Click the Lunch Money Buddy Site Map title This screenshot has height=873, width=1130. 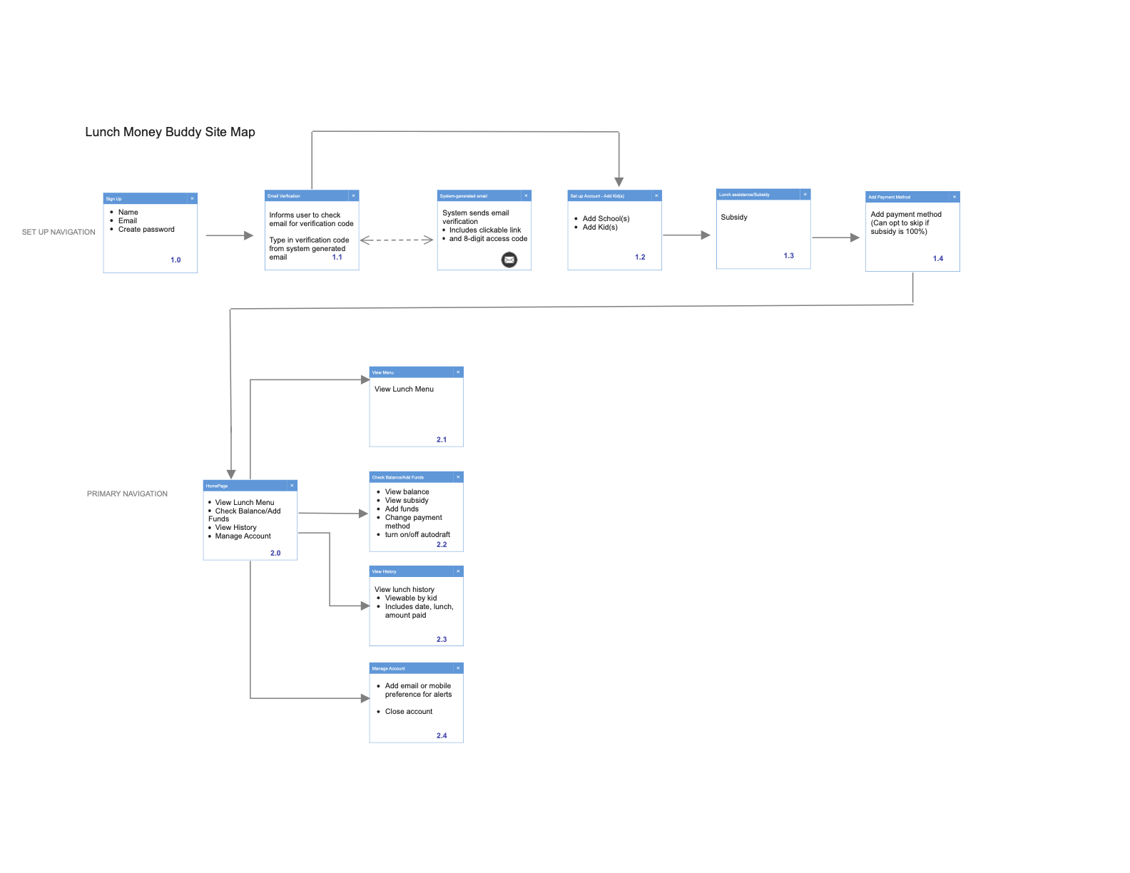170,132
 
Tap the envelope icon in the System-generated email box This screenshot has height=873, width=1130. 509,260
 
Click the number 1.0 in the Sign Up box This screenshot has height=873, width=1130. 175,260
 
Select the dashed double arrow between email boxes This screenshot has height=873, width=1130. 397,240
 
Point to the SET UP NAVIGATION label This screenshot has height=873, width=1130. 58,233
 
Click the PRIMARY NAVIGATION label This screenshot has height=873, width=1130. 127,494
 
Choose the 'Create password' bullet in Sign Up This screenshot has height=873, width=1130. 146,230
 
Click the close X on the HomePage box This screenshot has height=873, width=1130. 292,486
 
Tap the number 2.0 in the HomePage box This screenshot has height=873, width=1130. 275,553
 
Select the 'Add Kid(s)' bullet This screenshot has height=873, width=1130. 600,228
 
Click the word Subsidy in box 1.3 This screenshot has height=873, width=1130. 734,218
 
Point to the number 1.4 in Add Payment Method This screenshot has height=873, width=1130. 938,259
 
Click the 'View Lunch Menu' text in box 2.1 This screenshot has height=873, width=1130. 404,389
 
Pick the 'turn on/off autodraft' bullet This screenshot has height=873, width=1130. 417,535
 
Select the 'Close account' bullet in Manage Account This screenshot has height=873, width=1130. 409,712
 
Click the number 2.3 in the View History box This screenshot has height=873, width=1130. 442,640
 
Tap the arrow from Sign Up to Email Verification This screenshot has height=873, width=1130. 229,235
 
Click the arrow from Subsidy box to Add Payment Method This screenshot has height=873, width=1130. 835,238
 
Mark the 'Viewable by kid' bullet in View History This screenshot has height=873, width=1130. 411,598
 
